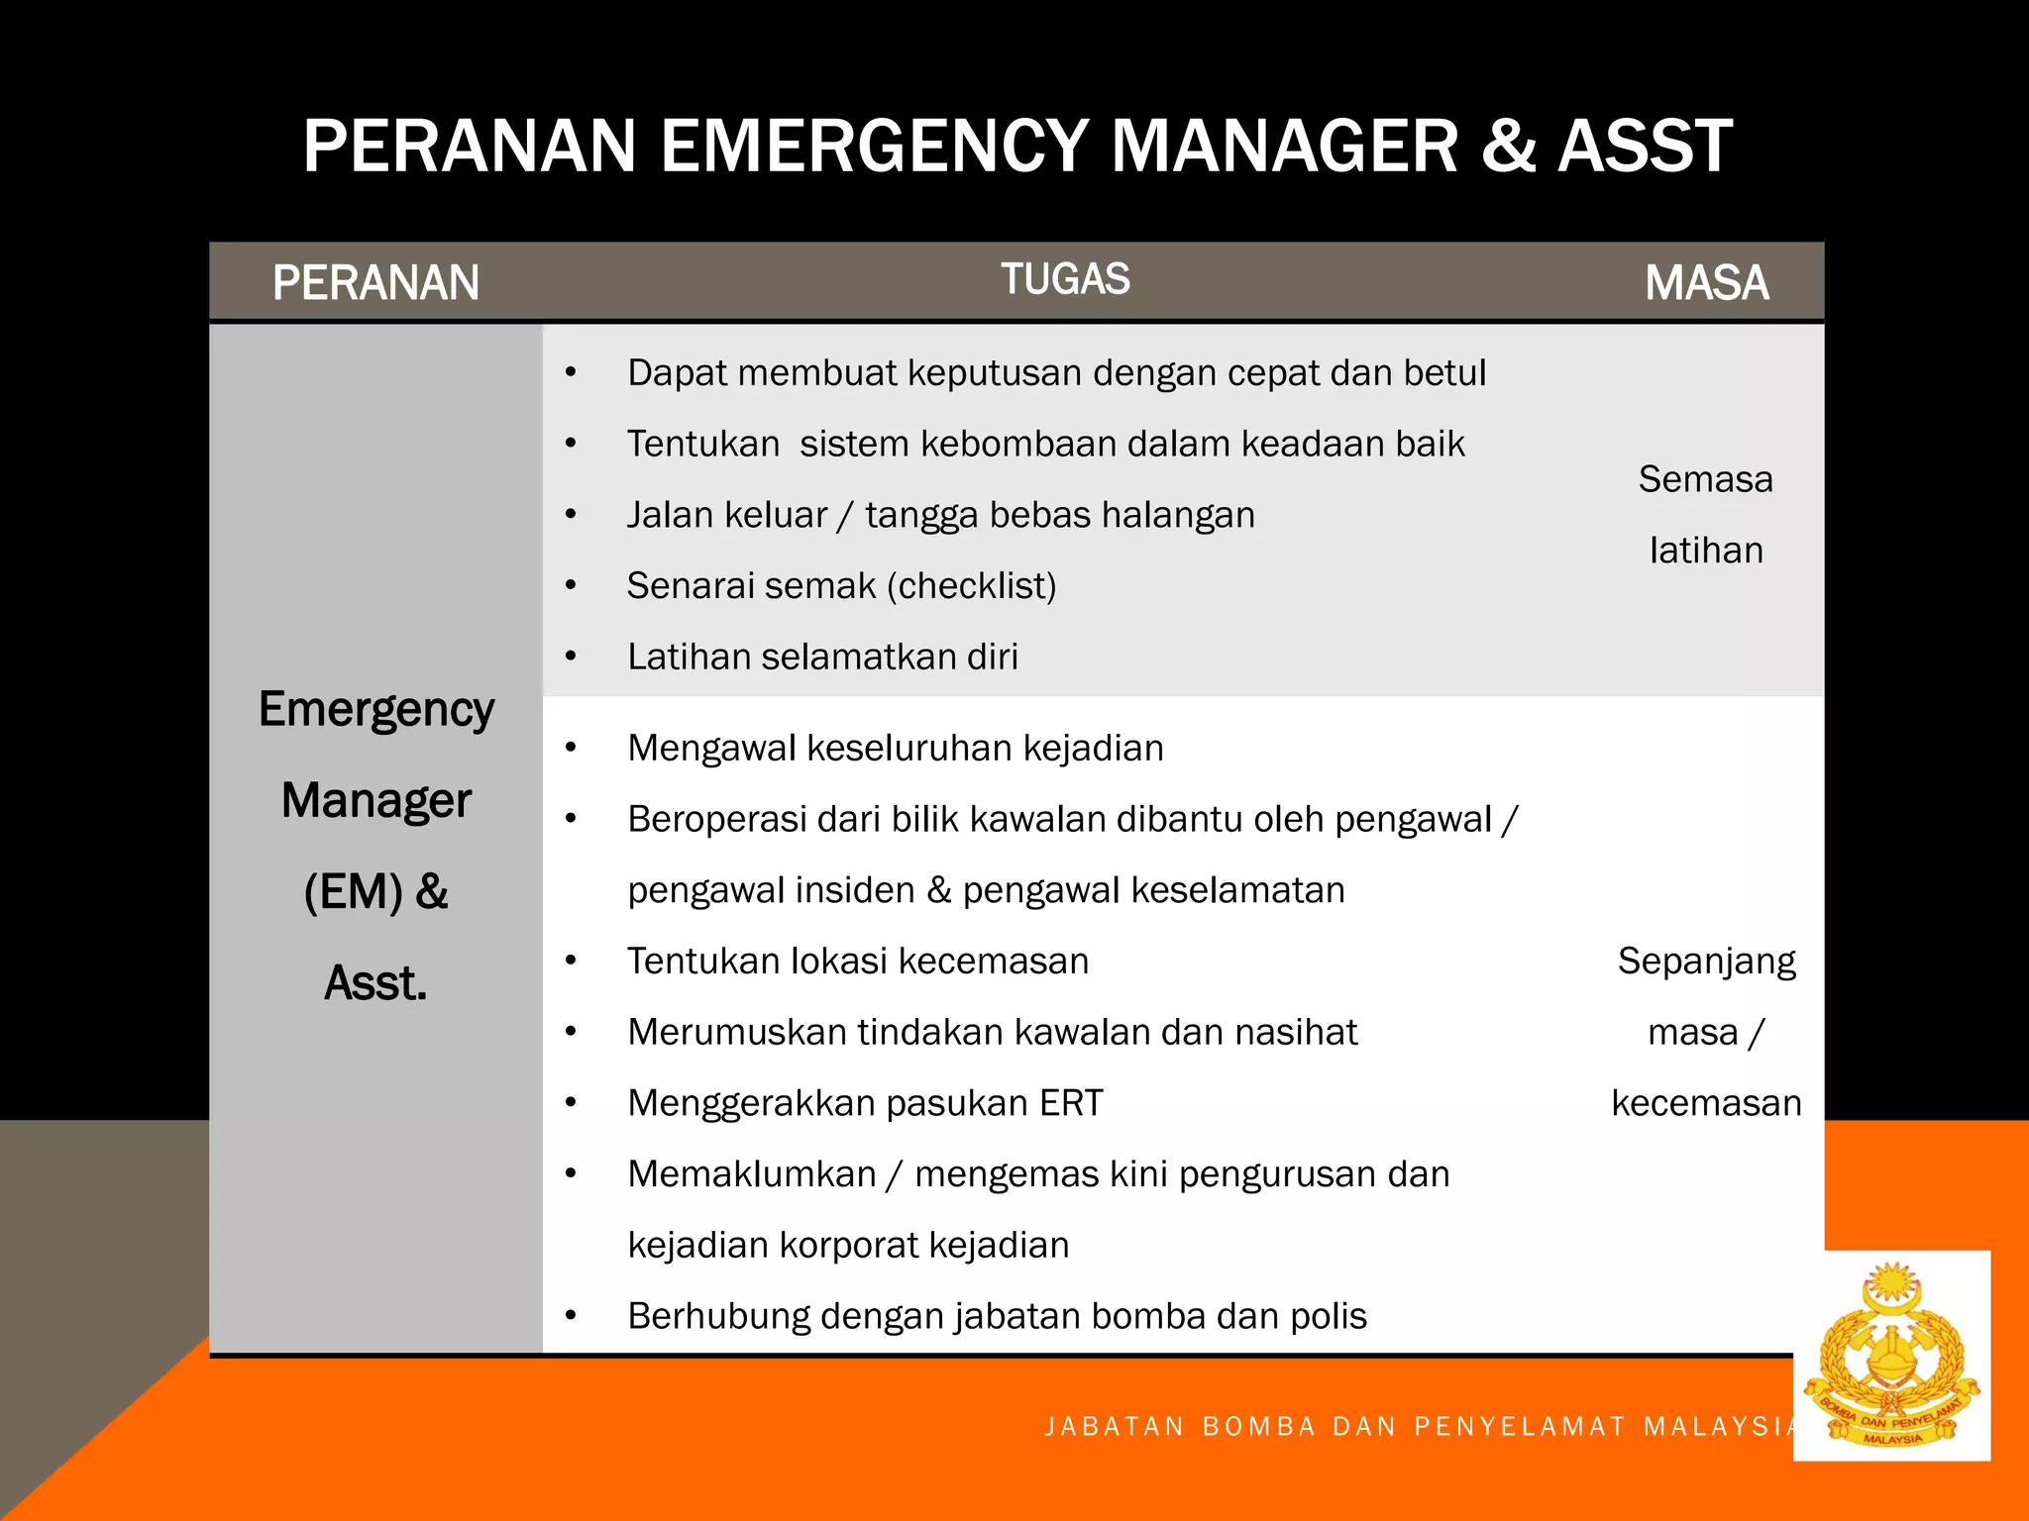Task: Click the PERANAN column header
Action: pos(375,283)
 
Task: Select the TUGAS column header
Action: pos(1065,279)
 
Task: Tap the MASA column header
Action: pos(1706,283)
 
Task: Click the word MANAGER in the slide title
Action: pos(1284,147)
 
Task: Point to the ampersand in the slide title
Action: pos(1508,147)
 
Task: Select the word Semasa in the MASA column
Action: pos(1705,479)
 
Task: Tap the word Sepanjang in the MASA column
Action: pos(1706,962)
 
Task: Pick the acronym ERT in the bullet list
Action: pos(1071,1103)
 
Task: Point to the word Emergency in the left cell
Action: pos(376,710)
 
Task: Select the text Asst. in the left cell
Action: pos(375,983)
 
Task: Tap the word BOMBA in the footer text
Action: pos(1258,1426)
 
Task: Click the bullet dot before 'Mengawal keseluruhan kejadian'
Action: pos(571,748)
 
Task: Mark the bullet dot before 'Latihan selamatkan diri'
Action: pos(571,657)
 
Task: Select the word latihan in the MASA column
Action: pos(1706,551)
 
